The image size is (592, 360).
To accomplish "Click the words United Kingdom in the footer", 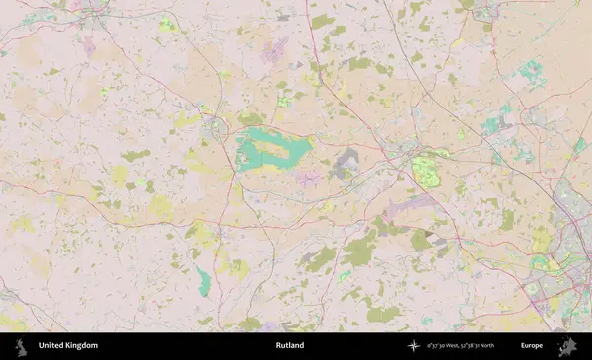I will (68, 346).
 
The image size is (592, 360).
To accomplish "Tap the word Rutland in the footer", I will (290, 346).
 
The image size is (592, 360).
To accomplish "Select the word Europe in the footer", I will (532, 346).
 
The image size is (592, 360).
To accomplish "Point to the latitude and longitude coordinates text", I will (459, 346).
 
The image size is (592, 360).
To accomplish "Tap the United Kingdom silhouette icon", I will (20, 346).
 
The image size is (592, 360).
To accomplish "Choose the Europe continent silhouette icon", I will (567, 346).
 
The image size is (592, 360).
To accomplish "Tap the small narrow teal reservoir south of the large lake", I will (204, 281).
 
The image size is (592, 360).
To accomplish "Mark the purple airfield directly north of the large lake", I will (274, 51).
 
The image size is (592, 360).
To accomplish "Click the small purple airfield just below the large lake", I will (310, 180).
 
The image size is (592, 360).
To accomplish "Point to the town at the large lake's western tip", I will (215, 125).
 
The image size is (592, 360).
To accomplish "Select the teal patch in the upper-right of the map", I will (532, 71).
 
